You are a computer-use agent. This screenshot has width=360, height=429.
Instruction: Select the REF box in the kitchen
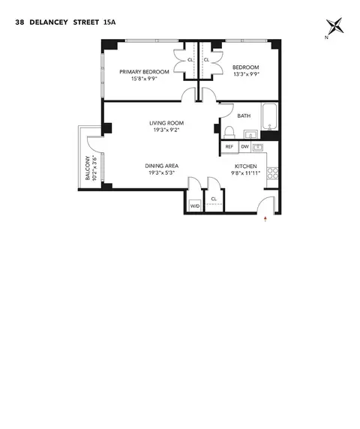(229, 148)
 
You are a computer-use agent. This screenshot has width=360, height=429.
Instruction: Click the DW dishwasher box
(244, 148)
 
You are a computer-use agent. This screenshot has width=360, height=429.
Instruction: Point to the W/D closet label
(194, 205)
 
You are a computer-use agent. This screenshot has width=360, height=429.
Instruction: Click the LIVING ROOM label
(166, 123)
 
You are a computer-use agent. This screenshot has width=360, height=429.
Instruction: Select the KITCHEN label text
(246, 166)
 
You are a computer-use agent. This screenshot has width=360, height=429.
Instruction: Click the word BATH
(244, 116)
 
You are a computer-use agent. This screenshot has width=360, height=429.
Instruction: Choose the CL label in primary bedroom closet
(190, 60)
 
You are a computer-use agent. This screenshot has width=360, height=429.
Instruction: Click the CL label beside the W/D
(214, 199)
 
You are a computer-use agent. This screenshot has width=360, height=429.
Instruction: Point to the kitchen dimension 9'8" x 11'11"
(246, 173)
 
